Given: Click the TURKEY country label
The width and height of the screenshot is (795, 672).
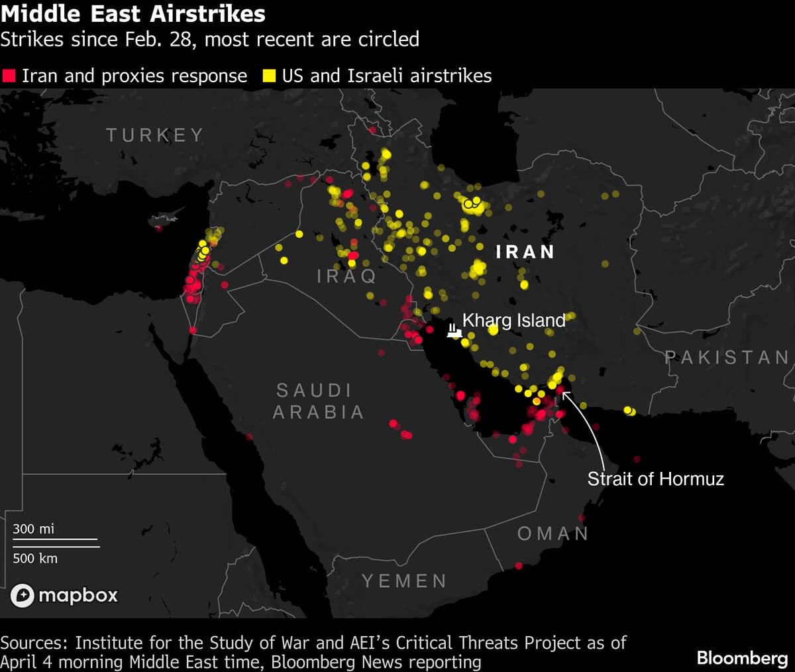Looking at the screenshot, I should (x=155, y=135).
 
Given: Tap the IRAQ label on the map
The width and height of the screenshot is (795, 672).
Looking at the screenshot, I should (x=346, y=275).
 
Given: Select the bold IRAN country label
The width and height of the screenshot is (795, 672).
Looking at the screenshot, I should (x=525, y=252).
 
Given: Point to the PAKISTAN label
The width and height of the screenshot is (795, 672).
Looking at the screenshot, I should (x=727, y=358).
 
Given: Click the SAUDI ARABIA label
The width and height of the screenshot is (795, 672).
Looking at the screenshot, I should (x=318, y=401).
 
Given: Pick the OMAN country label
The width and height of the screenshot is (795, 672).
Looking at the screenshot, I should (x=553, y=533).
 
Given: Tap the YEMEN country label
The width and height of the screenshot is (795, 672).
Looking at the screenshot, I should (x=404, y=581).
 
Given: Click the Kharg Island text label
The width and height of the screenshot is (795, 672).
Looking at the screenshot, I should (x=513, y=321).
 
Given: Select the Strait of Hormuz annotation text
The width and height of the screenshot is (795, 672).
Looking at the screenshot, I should (x=655, y=478).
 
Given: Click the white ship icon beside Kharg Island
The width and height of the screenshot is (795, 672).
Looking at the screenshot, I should (x=453, y=330).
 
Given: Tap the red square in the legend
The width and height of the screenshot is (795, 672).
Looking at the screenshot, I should (x=9, y=76).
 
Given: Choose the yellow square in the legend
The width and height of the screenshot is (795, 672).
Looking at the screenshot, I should (x=269, y=76).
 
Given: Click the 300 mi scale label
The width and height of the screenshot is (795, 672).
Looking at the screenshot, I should (x=34, y=529).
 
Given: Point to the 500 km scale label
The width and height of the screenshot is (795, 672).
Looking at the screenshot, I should (x=35, y=558).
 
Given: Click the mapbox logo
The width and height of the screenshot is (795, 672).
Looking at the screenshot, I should (x=64, y=595).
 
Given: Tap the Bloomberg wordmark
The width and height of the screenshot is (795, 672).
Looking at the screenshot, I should (x=742, y=657).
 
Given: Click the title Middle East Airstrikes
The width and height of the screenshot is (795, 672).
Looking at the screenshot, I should (x=132, y=14).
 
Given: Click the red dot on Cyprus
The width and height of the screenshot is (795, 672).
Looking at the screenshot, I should (x=158, y=228).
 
